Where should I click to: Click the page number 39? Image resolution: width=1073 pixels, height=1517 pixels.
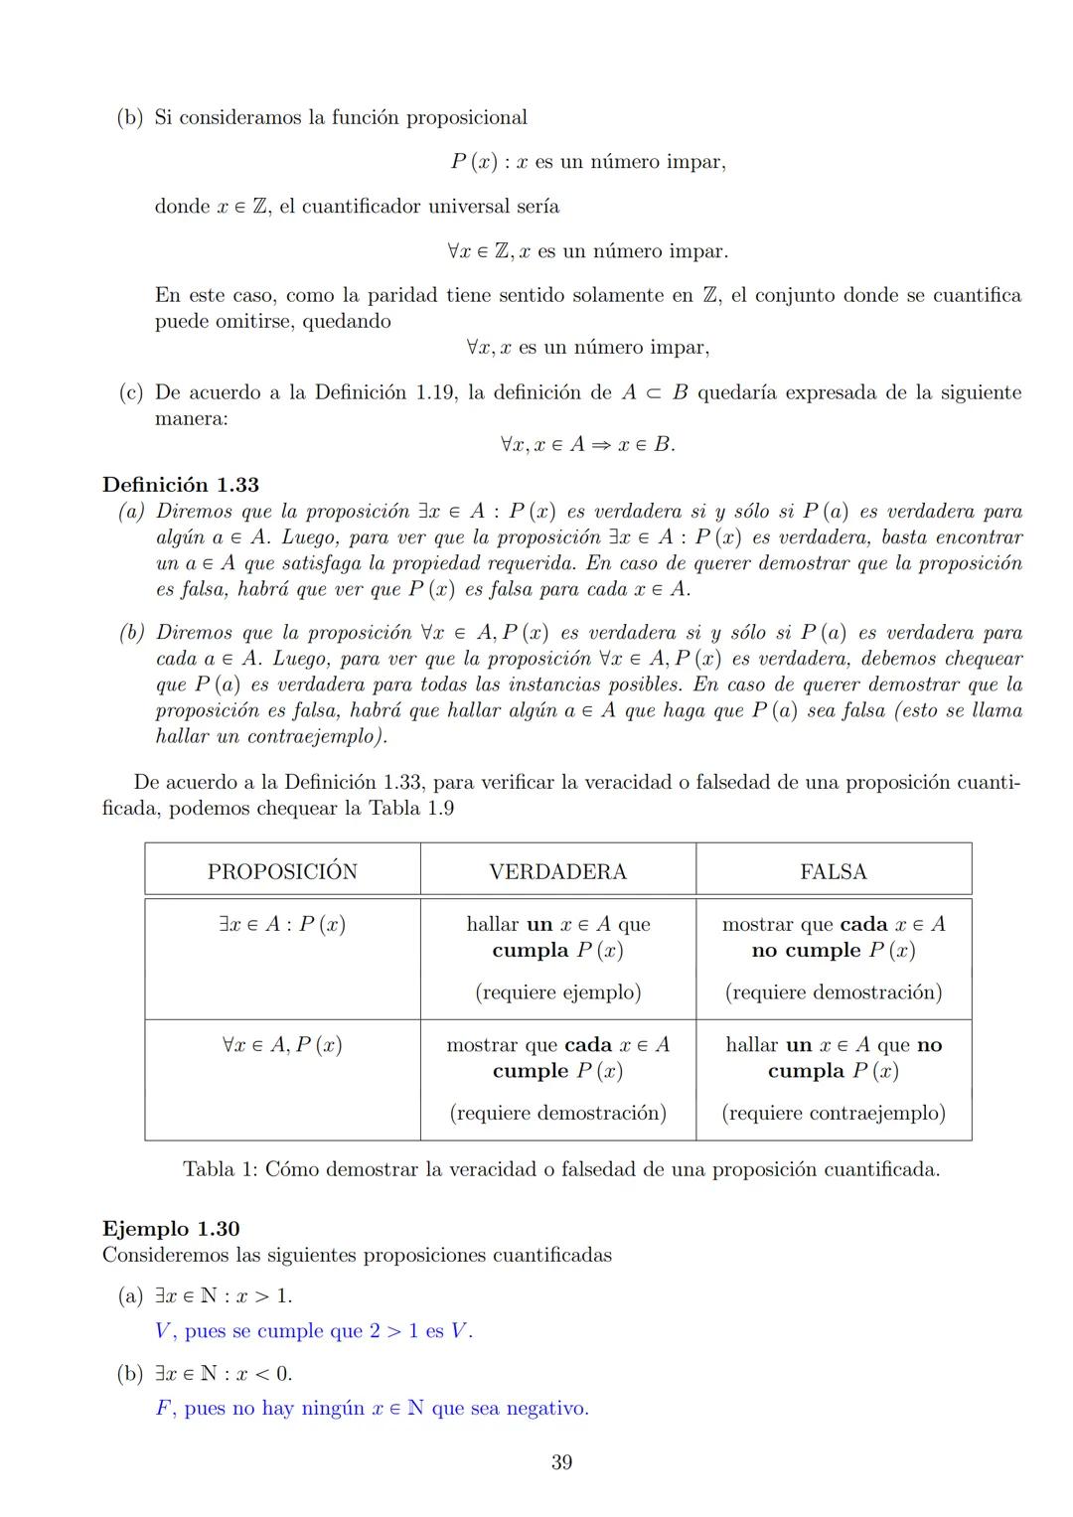click(x=561, y=1462)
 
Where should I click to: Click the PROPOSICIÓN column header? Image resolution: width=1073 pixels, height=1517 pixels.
click(x=282, y=871)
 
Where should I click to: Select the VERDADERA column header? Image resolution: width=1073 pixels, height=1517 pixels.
click(x=557, y=871)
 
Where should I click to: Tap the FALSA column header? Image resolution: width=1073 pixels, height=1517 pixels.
click(x=833, y=871)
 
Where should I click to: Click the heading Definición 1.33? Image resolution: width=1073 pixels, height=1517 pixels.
click(x=181, y=485)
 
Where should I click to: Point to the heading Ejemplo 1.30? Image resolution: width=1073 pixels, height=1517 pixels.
click(x=171, y=1229)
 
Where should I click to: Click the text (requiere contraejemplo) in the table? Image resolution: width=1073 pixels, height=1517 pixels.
click(x=833, y=1113)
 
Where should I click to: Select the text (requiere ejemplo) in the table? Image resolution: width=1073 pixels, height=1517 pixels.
click(x=557, y=991)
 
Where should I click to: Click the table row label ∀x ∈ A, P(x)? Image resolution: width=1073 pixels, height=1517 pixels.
click(x=282, y=1045)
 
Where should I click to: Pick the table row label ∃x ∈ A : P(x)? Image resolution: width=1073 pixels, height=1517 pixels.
click(x=282, y=924)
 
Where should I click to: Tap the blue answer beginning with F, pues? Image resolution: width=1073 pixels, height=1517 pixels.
click(x=372, y=1409)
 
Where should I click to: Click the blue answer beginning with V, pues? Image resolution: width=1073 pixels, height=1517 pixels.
click(x=314, y=1331)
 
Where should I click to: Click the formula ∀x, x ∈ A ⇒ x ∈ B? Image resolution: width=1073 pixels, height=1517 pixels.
click(x=587, y=445)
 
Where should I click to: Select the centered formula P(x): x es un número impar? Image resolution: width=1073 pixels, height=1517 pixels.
click(x=587, y=162)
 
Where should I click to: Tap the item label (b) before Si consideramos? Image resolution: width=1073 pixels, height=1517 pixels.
click(x=130, y=118)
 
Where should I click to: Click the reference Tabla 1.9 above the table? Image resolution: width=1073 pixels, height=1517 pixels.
click(x=411, y=808)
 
